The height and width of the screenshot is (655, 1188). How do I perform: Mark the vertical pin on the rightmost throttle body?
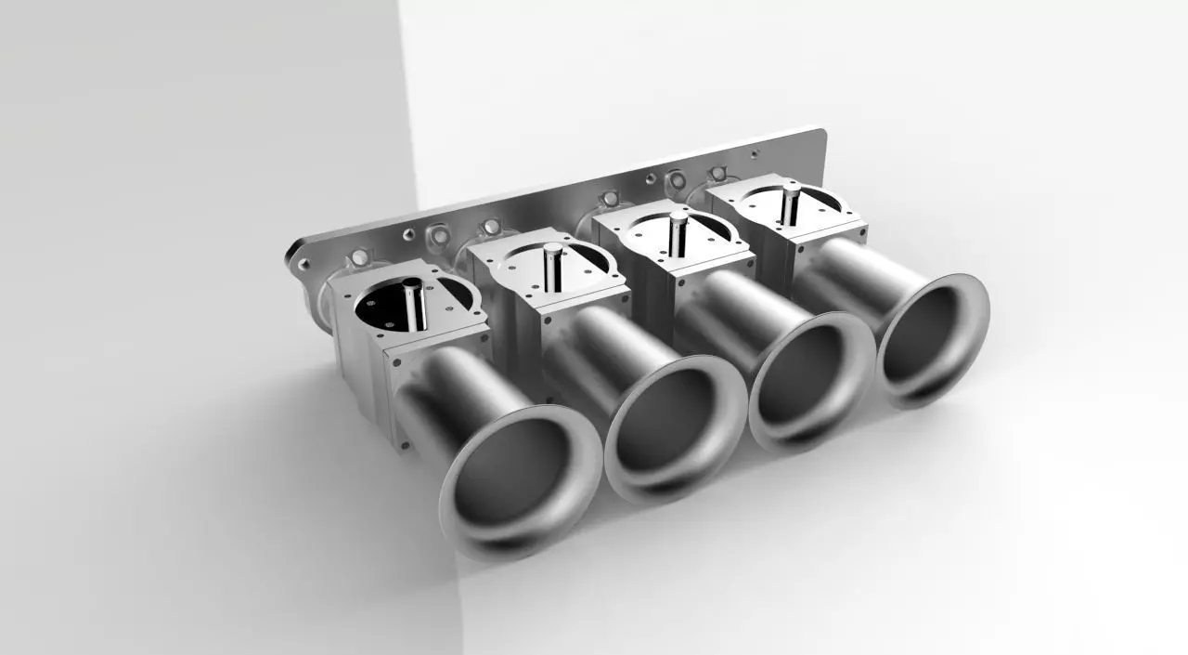(790, 203)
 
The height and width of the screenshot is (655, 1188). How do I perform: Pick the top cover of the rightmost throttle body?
(817, 209)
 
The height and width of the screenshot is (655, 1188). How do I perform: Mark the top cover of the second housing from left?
(585, 269)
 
